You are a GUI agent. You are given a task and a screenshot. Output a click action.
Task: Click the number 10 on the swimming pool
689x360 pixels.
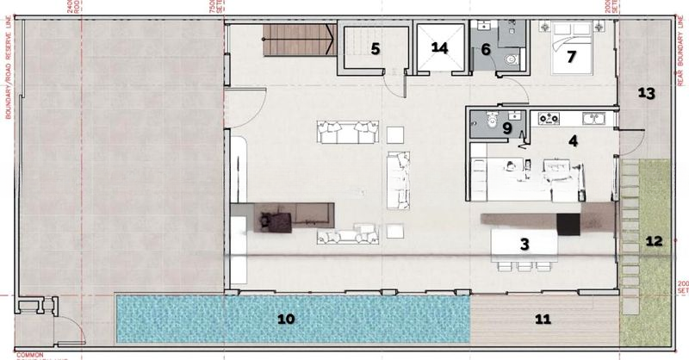coord(287,319)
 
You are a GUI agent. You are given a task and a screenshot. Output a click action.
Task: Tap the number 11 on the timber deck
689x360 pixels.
coord(543,319)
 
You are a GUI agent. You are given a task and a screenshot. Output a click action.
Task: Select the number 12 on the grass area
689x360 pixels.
coord(655,241)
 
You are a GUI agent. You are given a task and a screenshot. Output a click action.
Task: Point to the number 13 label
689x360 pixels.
coord(648,93)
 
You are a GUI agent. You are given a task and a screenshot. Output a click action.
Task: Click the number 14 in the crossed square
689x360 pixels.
coord(440,48)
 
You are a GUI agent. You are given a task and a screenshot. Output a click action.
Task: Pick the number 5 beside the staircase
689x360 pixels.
coord(375,48)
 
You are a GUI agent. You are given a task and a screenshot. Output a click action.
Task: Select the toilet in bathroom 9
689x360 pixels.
coord(488,122)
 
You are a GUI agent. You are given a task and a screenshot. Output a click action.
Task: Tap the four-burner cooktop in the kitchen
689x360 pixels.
coord(550,118)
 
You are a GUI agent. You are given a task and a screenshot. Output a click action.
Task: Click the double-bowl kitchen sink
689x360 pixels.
coord(593,118)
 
